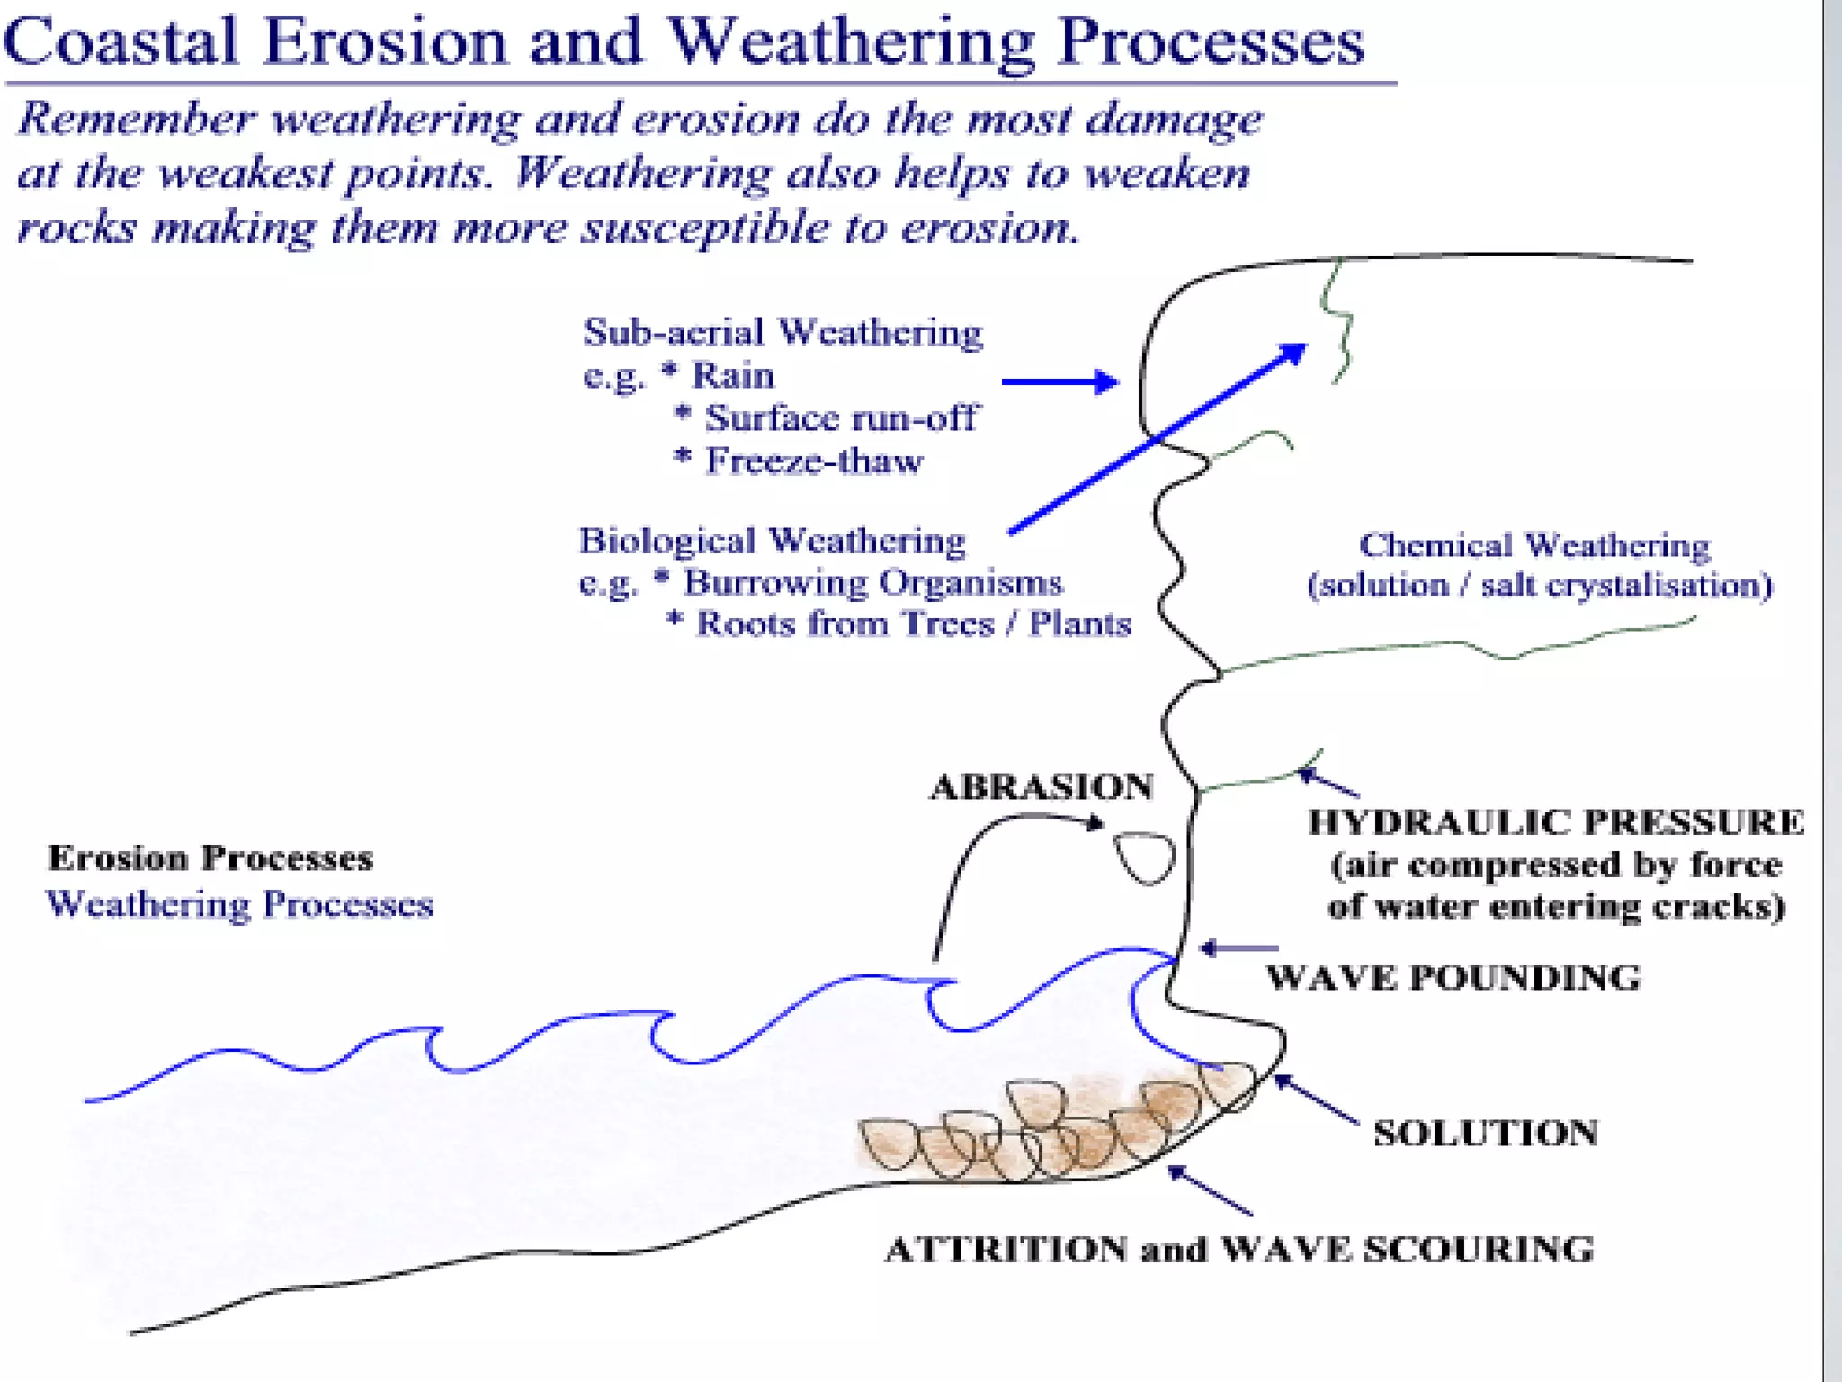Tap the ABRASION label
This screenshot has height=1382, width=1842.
tap(1042, 787)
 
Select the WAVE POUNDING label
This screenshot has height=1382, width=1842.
tap(1453, 978)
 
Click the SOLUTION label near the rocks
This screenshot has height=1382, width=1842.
tap(1485, 1134)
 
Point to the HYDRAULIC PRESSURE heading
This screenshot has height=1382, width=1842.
tap(1556, 822)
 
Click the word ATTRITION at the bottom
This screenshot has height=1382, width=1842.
tap(1006, 1250)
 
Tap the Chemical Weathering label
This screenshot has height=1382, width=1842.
tap(1534, 545)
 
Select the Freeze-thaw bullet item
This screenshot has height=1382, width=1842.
tap(813, 462)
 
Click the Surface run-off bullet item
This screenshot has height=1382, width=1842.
tap(840, 418)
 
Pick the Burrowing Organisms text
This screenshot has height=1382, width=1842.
tap(872, 583)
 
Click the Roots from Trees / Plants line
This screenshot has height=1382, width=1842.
tap(913, 624)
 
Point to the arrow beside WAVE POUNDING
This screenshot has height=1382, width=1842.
tap(1238, 948)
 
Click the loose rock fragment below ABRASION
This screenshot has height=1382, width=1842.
tap(1145, 857)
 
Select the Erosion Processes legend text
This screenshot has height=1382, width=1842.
tap(210, 858)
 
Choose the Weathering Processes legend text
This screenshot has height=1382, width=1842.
tap(239, 904)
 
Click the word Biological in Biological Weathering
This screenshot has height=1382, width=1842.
tap(666, 542)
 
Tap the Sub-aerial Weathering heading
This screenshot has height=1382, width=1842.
tap(782, 333)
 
